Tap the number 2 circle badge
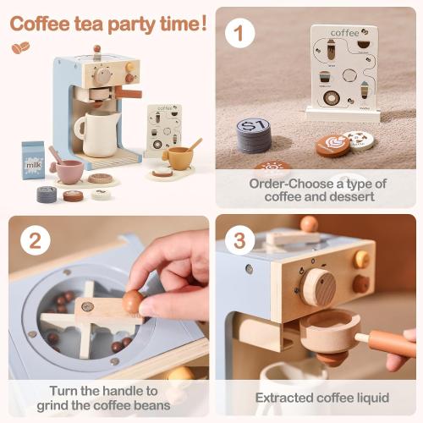[x=35, y=241]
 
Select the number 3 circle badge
[x=240, y=241]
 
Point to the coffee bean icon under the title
[x=19, y=48]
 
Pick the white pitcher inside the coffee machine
[x=96, y=134]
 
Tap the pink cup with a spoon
[x=68, y=169]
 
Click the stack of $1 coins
[x=255, y=135]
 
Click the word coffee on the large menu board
[x=344, y=33]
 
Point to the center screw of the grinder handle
[x=87, y=307]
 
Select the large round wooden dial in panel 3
[x=318, y=287]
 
